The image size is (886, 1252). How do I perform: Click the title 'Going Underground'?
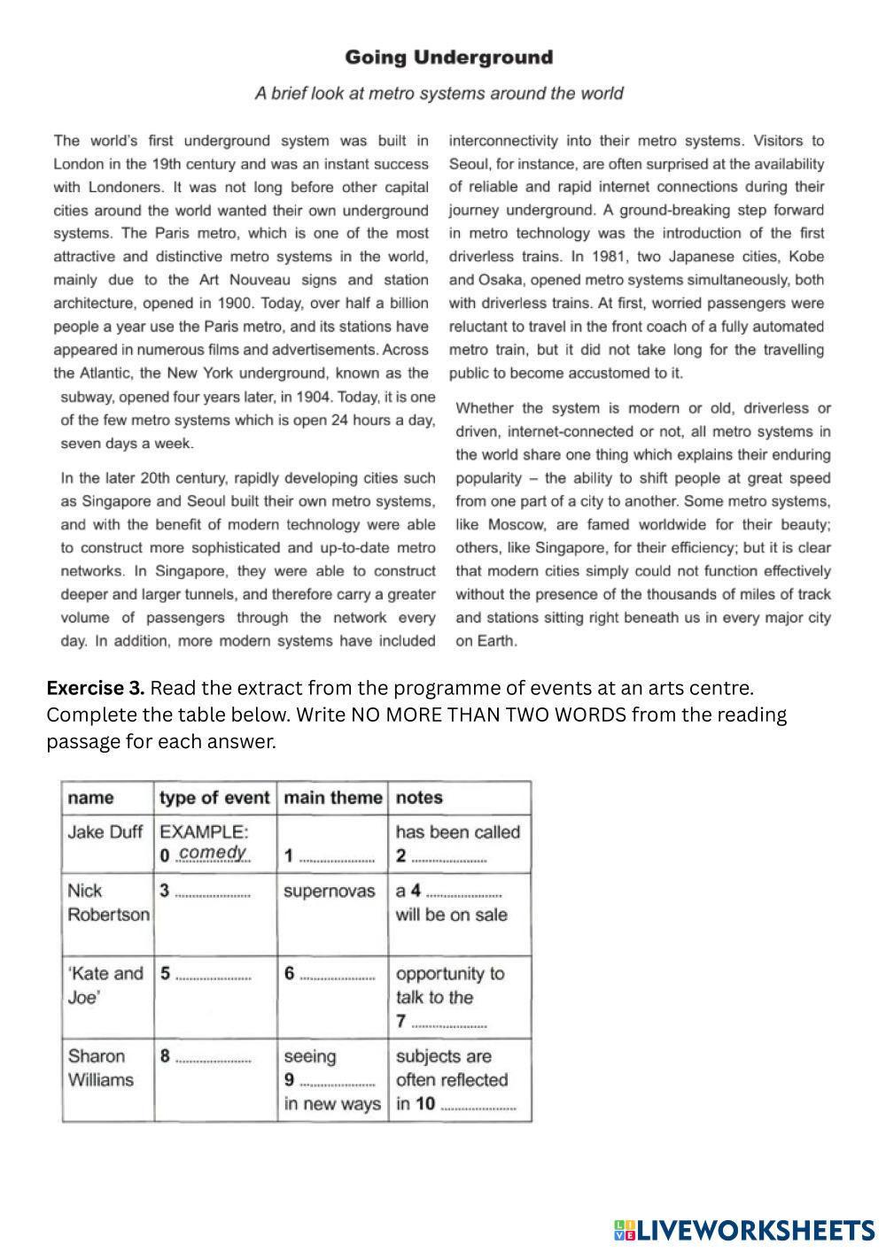[x=448, y=58]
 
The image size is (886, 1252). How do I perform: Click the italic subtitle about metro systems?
[x=439, y=93]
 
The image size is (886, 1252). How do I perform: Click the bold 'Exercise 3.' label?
[x=96, y=688]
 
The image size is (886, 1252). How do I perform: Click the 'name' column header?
[x=90, y=798]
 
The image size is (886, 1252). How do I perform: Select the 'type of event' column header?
[x=214, y=798]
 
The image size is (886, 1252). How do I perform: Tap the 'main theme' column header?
[x=332, y=798]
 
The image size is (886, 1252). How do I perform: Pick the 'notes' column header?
[x=419, y=798]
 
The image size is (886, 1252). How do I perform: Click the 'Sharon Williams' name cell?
[x=101, y=1068]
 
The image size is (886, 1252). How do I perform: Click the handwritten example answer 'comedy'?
[x=213, y=853]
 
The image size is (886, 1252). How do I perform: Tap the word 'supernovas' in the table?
[x=330, y=891]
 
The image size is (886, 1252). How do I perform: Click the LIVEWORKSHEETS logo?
[x=744, y=1230]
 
